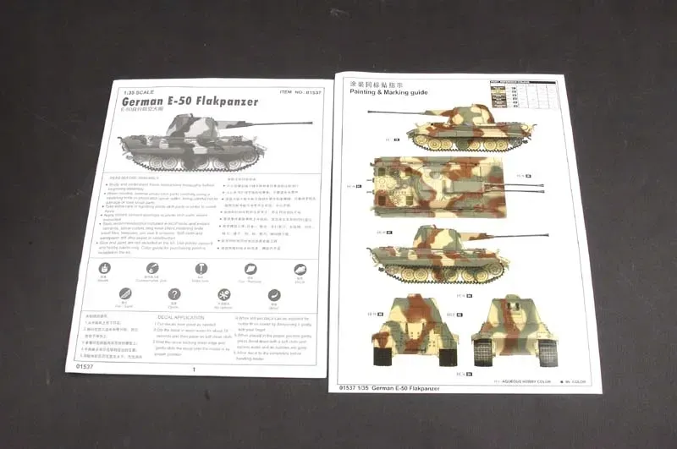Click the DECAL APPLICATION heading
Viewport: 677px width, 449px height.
[x=177, y=316]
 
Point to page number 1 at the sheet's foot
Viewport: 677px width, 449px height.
[x=194, y=369]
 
